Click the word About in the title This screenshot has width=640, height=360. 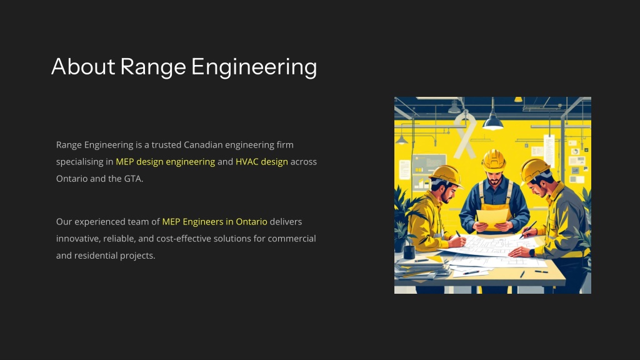(83, 66)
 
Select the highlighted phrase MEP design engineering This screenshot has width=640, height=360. (165, 162)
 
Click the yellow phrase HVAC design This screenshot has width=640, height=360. (262, 162)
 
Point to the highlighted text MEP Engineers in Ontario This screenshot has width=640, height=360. (215, 222)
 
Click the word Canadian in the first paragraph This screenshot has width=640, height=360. (203, 145)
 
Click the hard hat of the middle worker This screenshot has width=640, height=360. (494, 159)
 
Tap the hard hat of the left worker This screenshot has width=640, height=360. (446, 175)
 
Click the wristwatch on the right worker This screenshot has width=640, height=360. (532, 252)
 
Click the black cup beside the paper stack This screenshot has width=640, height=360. (409, 251)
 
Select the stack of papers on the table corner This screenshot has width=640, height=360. (421, 269)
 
